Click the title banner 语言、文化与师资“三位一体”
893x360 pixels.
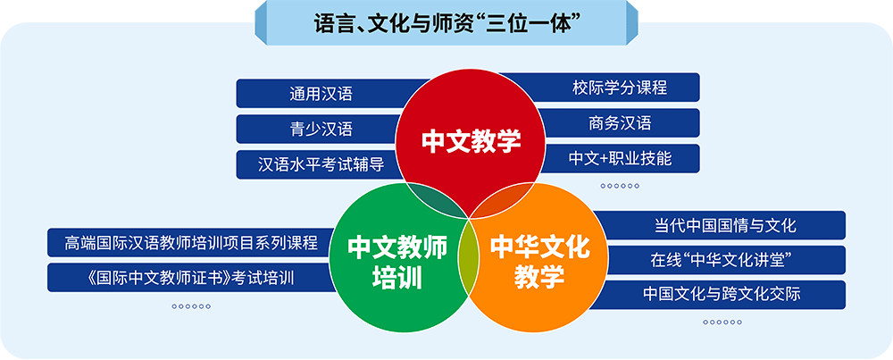pyautogui.click(x=446, y=23)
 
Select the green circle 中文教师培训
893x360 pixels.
pyautogui.click(x=398, y=257)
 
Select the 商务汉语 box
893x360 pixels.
pyautogui.click(x=620, y=123)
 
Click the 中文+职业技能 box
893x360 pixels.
pyautogui.click(x=621, y=158)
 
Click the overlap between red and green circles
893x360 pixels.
pyautogui.click(x=436, y=200)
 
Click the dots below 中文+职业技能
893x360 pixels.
pyautogui.click(x=621, y=186)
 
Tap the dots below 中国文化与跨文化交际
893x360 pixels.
pyautogui.click(x=722, y=322)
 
